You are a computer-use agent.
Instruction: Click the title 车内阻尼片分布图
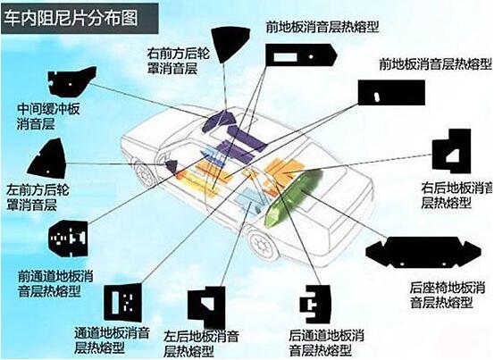(x=71, y=18)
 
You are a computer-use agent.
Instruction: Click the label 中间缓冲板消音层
(x=48, y=116)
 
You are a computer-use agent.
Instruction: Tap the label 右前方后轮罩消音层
(x=178, y=61)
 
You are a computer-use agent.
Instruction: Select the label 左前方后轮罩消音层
(x=38, y=197)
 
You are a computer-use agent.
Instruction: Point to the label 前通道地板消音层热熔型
(x=55, y=283)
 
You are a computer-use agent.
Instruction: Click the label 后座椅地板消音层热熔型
(x=447, y=296)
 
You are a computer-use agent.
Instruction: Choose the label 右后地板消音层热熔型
(x=456, y=196)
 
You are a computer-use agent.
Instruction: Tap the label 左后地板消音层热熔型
(x=201, y=343)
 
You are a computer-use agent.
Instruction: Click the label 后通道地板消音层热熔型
(x=326, y=343)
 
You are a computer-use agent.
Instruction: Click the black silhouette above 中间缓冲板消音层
(x=71, y=81)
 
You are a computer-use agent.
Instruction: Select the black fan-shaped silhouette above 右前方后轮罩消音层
(x=230, y=44)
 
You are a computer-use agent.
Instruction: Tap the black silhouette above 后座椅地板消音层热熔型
(x=423, y=252)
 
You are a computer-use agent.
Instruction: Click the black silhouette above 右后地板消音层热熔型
(x=451, y=151)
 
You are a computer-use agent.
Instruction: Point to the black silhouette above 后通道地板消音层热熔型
(x=315, y=305)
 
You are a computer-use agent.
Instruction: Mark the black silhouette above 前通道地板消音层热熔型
(x=69, y=239)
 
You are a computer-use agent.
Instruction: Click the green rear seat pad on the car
(x=292, y=197)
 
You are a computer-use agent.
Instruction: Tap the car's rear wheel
(x=261, y=245)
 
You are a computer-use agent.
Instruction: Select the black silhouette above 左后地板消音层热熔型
(x=207, y=306)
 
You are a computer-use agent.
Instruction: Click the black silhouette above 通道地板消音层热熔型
(x=123, y=302)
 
